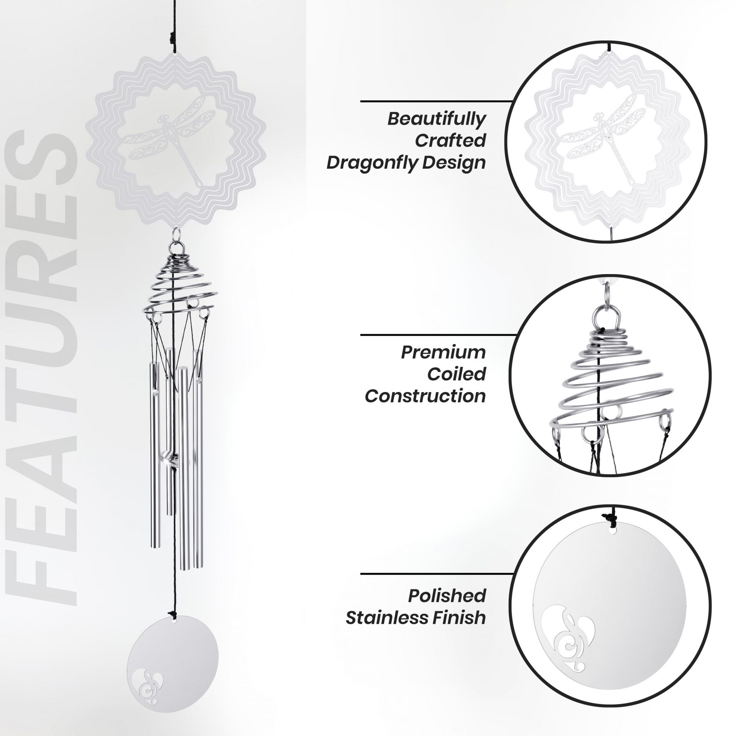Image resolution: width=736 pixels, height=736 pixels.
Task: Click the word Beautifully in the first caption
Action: [436, 119]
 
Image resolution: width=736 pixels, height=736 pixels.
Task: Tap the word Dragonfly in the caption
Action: [368, 163]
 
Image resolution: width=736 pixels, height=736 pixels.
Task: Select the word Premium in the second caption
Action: [443, 353]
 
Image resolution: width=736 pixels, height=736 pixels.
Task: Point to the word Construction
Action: [425, 396]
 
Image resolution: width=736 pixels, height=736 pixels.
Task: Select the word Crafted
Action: [450, 141]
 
